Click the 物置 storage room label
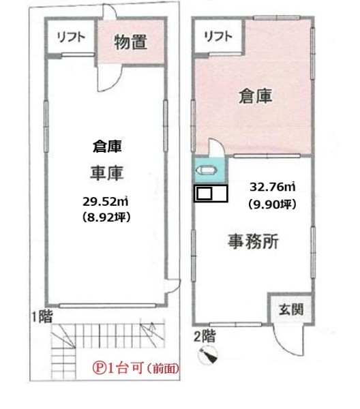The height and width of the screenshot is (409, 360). coord(131,42)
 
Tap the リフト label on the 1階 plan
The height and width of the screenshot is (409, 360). coord(71,37)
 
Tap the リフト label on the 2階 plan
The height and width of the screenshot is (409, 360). coord(218,36)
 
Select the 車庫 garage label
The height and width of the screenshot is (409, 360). coord(106,172)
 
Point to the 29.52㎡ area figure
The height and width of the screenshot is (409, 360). coord(106,202)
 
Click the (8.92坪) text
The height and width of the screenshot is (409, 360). coord(106,217)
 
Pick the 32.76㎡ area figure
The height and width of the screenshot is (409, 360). coord(273,187)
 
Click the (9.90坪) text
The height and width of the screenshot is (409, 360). coord(272,204)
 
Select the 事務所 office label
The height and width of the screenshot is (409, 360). coord(253,241)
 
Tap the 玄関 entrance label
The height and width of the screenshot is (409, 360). coord(291,309)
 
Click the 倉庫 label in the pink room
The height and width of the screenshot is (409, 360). coord(256,95)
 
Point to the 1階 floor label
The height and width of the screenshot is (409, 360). coord(42,316)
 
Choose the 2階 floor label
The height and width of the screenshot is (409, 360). coord(205,336)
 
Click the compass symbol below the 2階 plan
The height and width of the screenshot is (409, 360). coord(208,354)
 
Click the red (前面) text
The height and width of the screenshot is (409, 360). coord(163,369)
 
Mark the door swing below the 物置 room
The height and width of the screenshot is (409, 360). coord(110,78)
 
